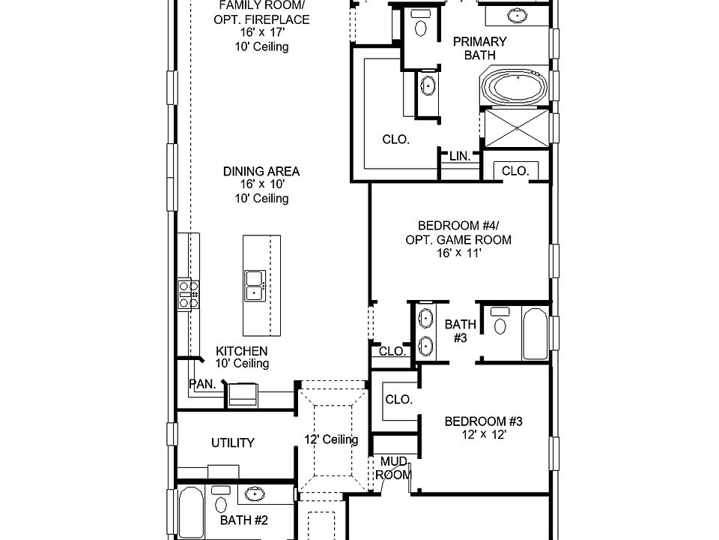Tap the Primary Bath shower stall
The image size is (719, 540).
click(517, 128)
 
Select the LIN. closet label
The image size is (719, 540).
click(460, 156)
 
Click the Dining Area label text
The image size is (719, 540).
click(261, 171)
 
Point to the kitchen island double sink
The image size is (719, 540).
click(255, 286)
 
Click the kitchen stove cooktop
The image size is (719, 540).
click(189, 294)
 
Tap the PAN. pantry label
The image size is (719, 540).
click(202, 384)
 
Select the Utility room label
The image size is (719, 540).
click(232, 442)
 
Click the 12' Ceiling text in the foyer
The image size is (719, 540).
click(331, 439)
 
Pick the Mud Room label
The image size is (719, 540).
click(393, 468)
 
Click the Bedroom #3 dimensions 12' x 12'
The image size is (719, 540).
click(484, 434)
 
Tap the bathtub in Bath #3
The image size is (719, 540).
click(535, 334)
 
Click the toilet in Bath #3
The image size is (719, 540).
click(500, 322)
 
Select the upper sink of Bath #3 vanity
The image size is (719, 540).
click(425, 318)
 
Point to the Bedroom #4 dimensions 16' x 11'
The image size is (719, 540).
click(458, 253)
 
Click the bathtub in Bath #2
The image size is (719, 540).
click(191, 512)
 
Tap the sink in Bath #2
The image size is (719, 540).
click(255, 493)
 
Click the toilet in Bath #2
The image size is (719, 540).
click(221, 499)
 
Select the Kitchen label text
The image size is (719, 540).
click(242, 351)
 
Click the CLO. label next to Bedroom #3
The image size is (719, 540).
click(399, 400)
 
